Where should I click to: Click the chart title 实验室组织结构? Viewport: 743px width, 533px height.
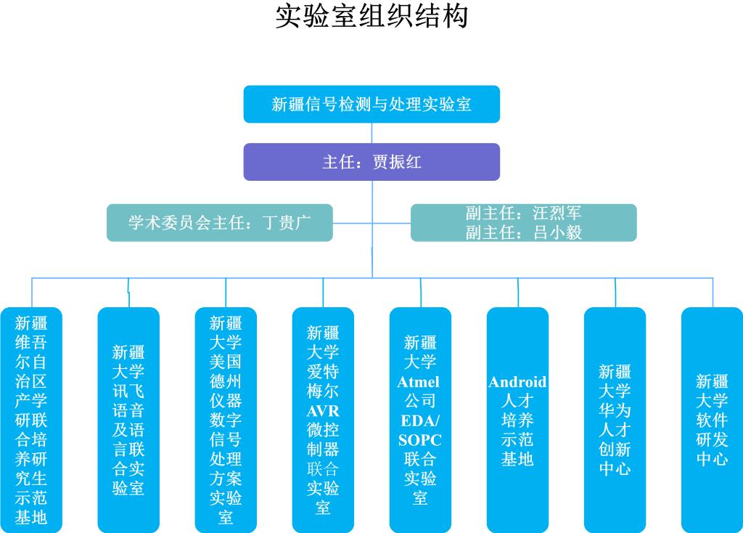click(x=371, y=17)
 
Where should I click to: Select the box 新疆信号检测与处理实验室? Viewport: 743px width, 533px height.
click(x=371, y=104)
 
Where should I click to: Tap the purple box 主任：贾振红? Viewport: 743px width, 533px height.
click(x=371, y=161)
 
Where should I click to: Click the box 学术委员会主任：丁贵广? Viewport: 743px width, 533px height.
click(x=219, y=222)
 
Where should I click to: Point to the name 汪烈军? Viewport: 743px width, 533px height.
click(x=557, y=213)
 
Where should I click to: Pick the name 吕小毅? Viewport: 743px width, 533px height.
click(x=557, y=232)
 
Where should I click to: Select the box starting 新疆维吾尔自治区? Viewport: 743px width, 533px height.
click(x=31, y=420)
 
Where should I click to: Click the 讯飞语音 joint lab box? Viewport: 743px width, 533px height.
click(x=128, y=420)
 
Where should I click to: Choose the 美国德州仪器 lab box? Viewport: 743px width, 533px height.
click(x=226, y=420)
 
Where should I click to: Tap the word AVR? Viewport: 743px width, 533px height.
click(x=323, y=410)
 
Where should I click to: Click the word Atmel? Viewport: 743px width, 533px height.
click(x=419, y=382)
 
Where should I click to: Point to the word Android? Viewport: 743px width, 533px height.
click(x=517, y=382)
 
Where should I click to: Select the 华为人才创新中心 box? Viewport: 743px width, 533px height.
click(x=615, y=420)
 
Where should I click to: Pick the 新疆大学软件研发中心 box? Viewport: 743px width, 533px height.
click(x=712, y=420)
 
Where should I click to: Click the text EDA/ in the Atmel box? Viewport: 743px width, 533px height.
click(x=419, y=421)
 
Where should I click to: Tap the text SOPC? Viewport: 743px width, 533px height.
click(x=419, y=440)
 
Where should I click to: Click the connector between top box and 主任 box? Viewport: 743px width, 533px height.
click(x=372, y=133)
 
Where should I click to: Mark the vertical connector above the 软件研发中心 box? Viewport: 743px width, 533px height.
click(x=712, y=292)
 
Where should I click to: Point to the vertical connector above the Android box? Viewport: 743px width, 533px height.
click(x=517, y=292)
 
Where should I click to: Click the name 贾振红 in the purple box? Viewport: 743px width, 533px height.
click(x=397, y=161)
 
